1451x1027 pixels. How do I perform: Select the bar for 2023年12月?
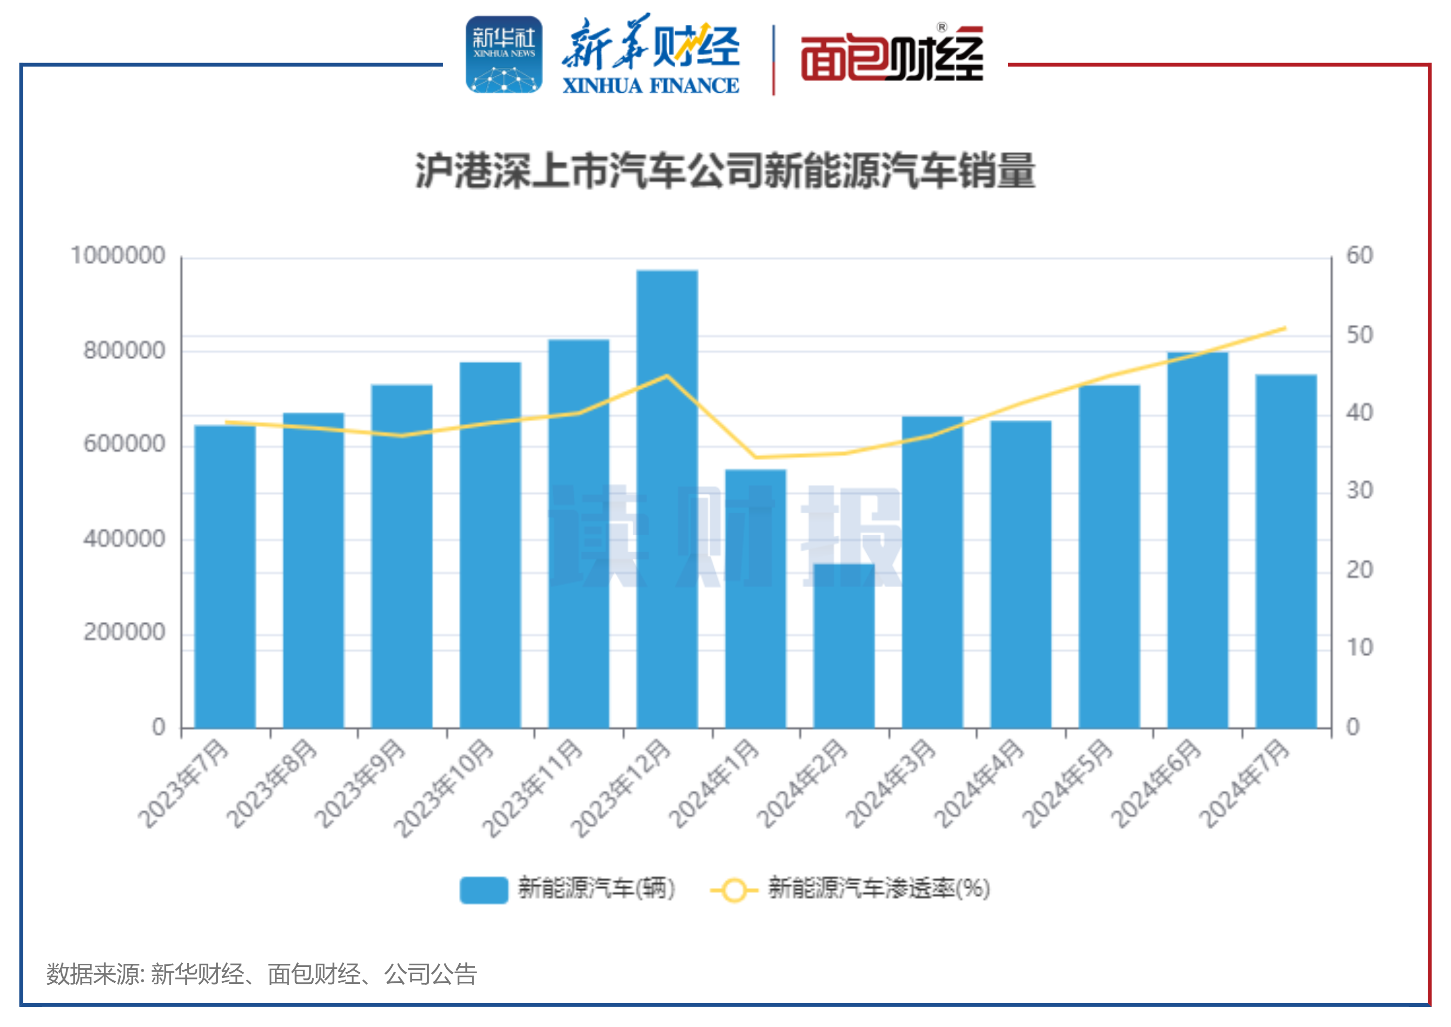667,499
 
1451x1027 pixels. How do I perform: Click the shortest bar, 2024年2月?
844,645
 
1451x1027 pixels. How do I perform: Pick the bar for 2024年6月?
1197,541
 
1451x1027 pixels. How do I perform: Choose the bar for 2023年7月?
225,576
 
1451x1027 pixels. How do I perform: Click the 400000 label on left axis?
125,539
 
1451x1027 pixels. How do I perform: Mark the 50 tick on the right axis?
1359,335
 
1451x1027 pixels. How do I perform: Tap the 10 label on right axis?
1359,647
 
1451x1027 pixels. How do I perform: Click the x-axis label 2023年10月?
444,788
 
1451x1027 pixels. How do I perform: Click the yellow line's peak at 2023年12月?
667,376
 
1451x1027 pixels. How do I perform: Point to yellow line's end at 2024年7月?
1285,328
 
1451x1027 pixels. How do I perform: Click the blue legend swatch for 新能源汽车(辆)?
484,890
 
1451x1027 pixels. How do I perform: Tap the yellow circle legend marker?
734,890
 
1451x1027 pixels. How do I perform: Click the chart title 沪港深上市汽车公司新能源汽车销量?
725,171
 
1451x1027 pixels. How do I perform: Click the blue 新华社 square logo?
504,54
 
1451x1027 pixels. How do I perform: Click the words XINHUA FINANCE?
650,85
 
